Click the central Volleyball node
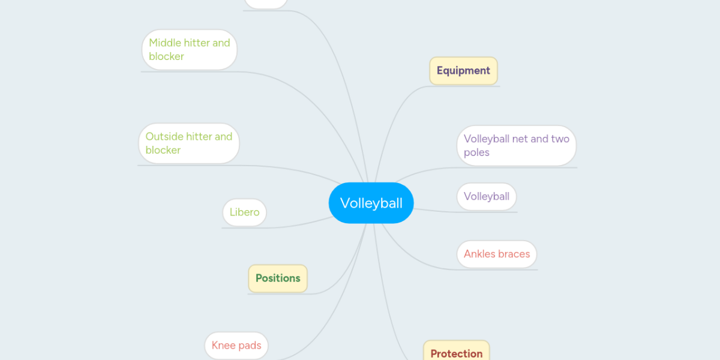coord(371,203)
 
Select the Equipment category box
coord(463,71)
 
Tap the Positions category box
coord(278,278)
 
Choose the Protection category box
coord(456,352)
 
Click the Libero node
coord(244,212)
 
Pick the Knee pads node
coord(236,346)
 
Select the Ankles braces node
coord(497,254)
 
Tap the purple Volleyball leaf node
coord(487,197)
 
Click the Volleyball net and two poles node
coord(516,146)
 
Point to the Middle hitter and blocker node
coord(190,50)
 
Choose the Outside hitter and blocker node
coord(189,143)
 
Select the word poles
coord(476,153)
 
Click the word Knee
coord(223,346)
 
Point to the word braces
coord(514,254)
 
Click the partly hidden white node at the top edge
coord(266,4)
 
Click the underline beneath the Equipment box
coord(465,86)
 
